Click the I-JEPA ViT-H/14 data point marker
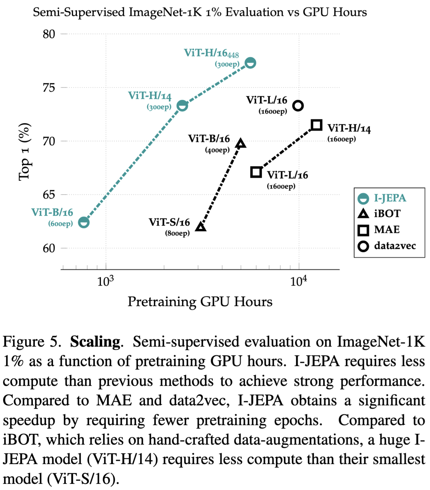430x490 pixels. pos(182,105)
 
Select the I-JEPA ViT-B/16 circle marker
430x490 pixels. pos(84,222)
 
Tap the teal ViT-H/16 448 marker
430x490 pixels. pos(250,63)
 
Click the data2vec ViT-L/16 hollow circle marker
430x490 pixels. pos(298,106)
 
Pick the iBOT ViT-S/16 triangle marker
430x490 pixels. pos(201,227)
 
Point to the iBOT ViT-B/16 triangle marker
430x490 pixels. pos(241,144)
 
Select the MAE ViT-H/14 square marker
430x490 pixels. pos(316,125)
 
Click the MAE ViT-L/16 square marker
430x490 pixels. pos(256,172)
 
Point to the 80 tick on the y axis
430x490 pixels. pos(49,34)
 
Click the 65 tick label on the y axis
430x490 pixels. pos(49,195)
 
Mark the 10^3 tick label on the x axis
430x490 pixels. pos(105,281)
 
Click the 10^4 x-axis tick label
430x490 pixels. pos(298,281)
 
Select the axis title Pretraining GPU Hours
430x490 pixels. pos(200,302)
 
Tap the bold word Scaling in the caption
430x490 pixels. pos(95,342)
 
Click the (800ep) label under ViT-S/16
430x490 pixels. pos(177,234)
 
